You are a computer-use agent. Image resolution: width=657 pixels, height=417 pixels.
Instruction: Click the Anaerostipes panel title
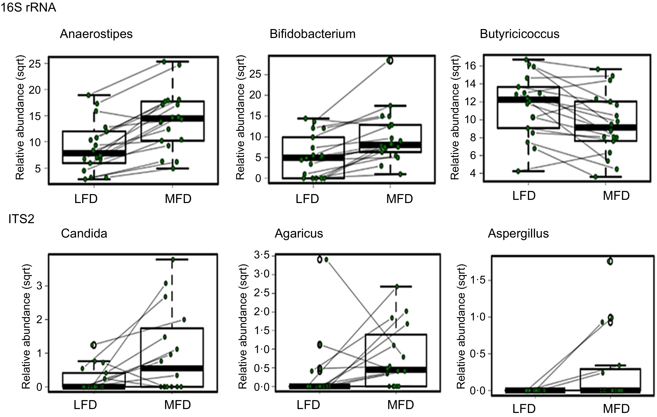pyautogui.click(x=96, y=34)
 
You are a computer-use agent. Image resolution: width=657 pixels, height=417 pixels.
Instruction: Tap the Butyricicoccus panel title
pyautogui.click(x=519, y=34)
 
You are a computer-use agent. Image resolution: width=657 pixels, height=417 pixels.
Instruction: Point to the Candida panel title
pyautogui.click(x=84, y=234)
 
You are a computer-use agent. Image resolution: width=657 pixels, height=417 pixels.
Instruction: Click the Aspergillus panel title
pyautogui.click(x=518, y=234)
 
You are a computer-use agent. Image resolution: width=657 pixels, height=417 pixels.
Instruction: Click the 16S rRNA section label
pyautogui.click(x=28, y=8)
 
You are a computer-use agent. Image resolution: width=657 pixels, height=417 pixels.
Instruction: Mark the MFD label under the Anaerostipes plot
pyautogui.click(x=178, y=199)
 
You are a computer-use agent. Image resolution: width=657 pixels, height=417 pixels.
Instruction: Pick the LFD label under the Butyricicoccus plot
pyautogui.click(x=524, y=196)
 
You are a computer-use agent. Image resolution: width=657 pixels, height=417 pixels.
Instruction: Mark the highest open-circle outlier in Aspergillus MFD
pyautogui.click(x=610, y=261)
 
